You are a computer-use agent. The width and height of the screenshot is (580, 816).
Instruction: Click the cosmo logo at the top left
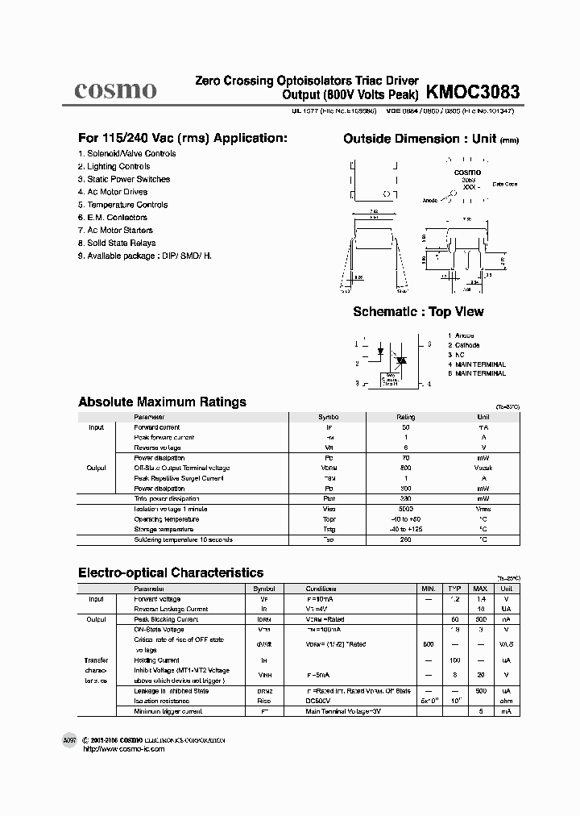(x=115, y=89)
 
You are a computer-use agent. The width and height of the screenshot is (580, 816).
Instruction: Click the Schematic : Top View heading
(x=418, y=312)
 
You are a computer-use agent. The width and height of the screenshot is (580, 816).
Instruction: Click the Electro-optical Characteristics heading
(x=170, y=572)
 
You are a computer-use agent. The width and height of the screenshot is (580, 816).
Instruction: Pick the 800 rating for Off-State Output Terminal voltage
(x=405, y=468)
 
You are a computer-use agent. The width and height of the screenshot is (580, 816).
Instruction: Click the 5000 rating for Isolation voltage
(x=405, y=509)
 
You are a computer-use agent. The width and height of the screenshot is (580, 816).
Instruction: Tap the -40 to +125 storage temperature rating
(x=405, y=529)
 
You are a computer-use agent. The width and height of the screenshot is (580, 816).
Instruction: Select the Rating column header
(x=405, y=417)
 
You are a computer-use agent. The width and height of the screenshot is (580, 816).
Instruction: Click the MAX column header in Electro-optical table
(x=479, y=589)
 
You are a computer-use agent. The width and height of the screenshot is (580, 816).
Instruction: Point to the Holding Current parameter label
(x=157, y=660)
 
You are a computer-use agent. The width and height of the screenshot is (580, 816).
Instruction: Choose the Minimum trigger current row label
(x=168, y=712)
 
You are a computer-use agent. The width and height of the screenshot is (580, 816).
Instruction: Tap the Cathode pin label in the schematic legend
(x=468, y=345)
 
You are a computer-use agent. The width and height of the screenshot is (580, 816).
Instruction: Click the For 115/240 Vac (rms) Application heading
(x=182, y=138)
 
